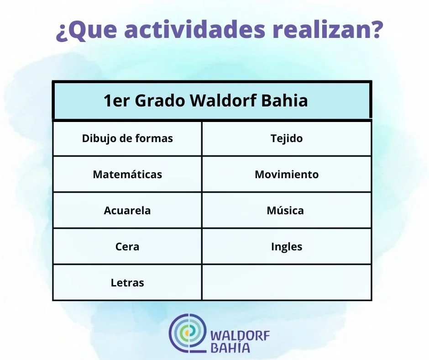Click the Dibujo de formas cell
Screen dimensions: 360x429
pos(127,138)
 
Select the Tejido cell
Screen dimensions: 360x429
pos(287,138)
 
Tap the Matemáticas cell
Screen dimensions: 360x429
pos(127,174)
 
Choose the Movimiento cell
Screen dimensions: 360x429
pos(287,174)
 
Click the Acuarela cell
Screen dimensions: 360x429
pos(127,210)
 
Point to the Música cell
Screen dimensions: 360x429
pos(287,210)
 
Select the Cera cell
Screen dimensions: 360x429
pos(127,246)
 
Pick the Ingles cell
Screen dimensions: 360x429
pos(287,246)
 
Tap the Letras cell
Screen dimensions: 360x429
pos(127,282)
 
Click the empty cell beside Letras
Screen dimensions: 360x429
pos(287,282)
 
